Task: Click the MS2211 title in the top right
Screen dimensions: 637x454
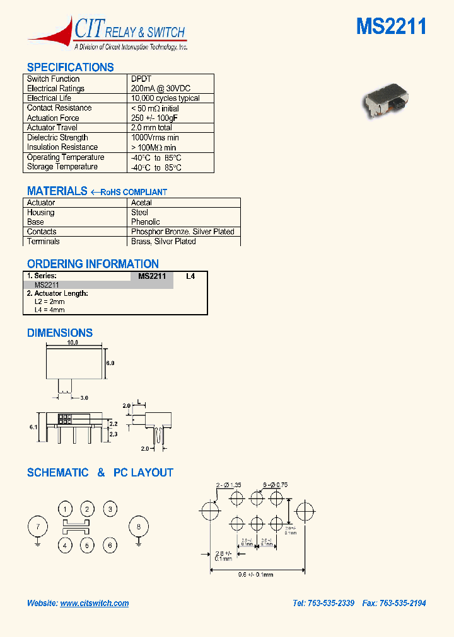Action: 391,26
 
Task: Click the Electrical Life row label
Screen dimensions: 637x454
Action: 49,98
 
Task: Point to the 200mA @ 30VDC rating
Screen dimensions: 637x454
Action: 160,89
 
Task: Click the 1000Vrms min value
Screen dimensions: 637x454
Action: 155,138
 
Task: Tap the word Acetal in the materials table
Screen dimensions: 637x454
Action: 141,203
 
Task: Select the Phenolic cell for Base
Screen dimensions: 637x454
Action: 146,222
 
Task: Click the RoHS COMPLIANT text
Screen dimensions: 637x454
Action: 134,192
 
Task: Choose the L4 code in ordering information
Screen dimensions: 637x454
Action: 190,276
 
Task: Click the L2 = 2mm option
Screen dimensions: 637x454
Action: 49,302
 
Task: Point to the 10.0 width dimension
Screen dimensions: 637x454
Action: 72,343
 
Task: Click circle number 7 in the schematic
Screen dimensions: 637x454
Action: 38,526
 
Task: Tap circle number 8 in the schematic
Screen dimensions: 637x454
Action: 139,526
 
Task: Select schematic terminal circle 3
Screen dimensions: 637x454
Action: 110,509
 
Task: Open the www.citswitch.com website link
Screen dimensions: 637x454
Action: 95,603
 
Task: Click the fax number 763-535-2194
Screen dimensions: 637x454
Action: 402,603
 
